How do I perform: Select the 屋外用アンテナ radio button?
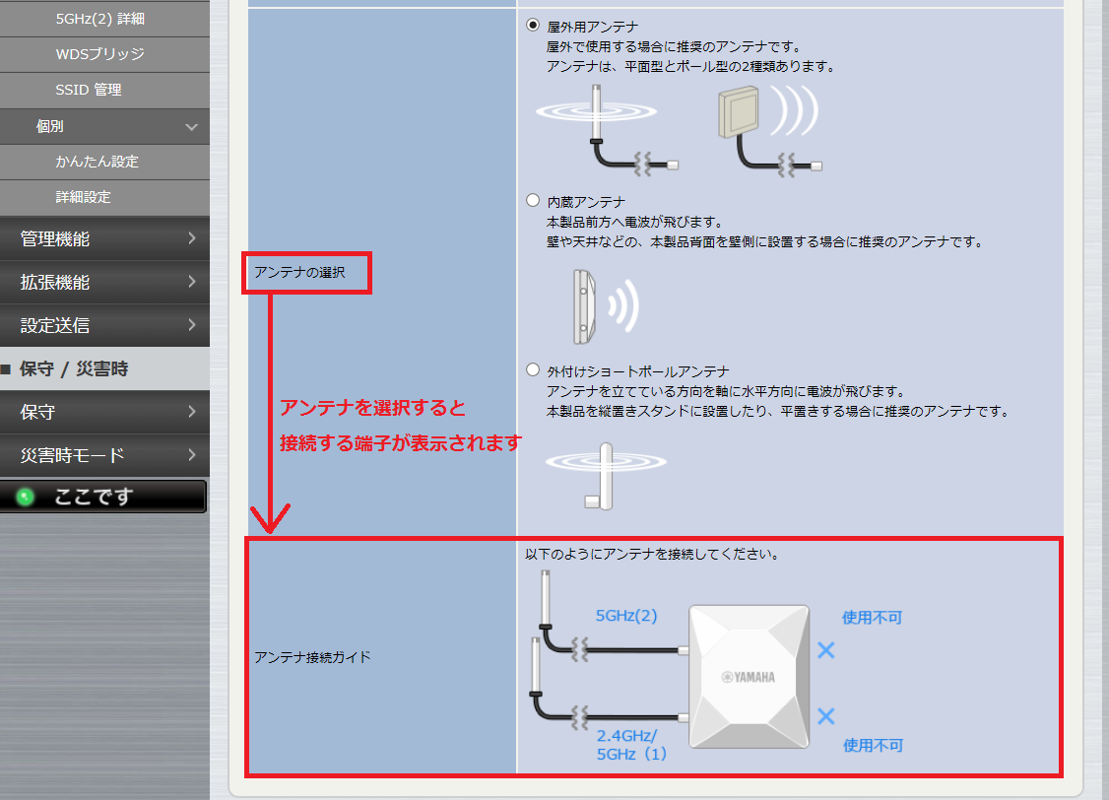[x=533, y=26]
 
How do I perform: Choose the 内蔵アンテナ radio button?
[x=533, y=200]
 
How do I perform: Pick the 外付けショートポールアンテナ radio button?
[x=533, y=369]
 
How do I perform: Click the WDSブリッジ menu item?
[x=99, y=54]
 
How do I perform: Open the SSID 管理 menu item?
[x=89, y=90]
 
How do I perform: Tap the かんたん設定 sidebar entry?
[x=97, y=162]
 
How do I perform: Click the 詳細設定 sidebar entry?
[x=84, y=197]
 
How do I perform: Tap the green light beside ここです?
[x=26, y=497]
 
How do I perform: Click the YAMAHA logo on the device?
[x=749, y=677]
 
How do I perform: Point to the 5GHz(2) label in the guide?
[x=626, y=616]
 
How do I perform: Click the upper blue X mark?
[x=826, y=650]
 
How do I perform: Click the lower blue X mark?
[x=826, y=716]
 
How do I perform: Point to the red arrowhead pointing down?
[x=270, y=519]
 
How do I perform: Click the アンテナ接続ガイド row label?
[x=312, y=657]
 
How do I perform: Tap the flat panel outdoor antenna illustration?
[x=739, y=111]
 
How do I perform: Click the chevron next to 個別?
[x=191, y=127]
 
